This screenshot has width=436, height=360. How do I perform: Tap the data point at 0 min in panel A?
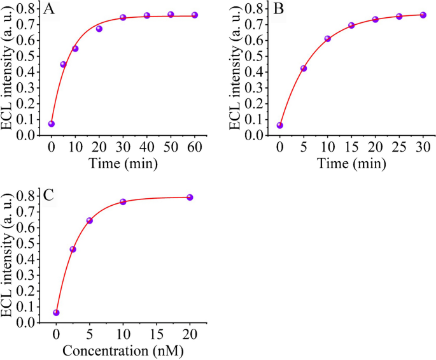[52, 124]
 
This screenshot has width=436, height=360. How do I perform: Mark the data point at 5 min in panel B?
[304, 68]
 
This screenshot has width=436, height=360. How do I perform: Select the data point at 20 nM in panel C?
[190, 198]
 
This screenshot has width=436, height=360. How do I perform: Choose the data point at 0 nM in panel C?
[56, 312]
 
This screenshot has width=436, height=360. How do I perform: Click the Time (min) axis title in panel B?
[351, 164]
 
